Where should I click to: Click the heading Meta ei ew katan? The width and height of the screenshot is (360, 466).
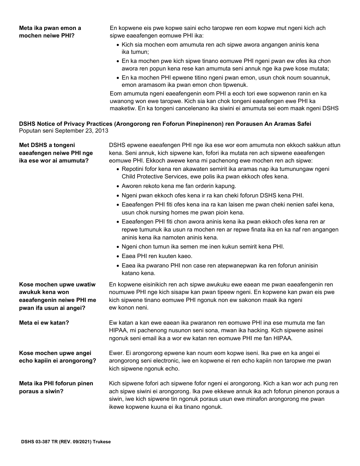pyautogui.click(x=47, y=323)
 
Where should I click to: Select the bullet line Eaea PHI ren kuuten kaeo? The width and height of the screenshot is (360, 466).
pyautogui.click(x=157, y=256)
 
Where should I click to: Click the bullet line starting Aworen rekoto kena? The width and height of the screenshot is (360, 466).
pyautogui.click(x=178, y=186)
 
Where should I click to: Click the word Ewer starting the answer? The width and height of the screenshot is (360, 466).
pyautogui.click(x=116, y=353)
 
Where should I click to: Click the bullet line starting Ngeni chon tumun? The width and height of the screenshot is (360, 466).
pyautogui.click(x=203, y=247)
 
